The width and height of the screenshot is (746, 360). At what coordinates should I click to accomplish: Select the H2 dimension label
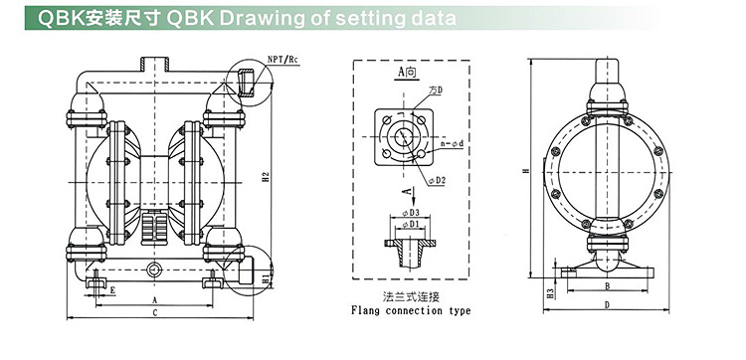(267, 176)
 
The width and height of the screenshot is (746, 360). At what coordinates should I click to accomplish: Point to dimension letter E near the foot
(112, 289)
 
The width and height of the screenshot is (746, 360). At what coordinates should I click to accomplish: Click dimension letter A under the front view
(154, 300)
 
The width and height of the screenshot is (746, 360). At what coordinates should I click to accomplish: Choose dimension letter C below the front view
(154, 312)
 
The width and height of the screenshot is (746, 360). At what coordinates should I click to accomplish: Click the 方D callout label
(436, 90)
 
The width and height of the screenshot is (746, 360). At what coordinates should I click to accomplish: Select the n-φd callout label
(452, 143)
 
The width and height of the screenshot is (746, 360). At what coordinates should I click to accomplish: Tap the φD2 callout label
(437, 180)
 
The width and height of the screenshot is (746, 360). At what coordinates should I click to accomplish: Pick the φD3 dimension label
(410, 212)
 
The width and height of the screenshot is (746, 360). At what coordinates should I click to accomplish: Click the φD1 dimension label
(410, 224)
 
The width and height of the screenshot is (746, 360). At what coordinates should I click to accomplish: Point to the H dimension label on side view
(525, 170)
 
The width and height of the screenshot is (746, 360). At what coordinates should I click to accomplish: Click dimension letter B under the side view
(607, 285)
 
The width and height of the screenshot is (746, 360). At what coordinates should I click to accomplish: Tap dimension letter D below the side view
(607, 305)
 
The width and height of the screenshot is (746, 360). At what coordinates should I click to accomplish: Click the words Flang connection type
(411, 310)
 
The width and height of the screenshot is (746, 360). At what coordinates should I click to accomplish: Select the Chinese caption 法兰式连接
(411, 297)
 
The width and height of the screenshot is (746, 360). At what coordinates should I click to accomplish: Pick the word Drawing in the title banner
(260, 18)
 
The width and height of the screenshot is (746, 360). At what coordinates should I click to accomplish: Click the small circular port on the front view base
(154, 270)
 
